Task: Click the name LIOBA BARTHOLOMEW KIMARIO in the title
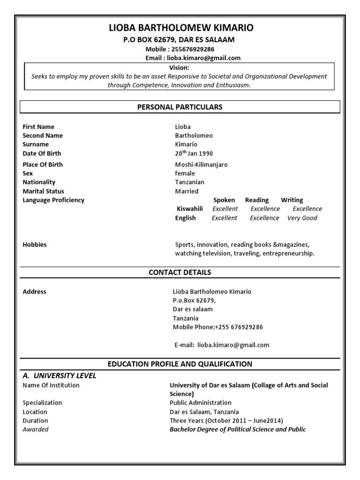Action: tap(181, 28)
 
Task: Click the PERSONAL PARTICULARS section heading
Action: tap(180, 107)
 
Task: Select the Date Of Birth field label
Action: tap(42, 153)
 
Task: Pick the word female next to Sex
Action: tap(185, 173)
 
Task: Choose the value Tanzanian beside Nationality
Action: tap(189, 182)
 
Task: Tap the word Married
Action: tap(187, 191)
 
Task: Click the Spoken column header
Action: tap(224, 200)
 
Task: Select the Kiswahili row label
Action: tap(190, 209)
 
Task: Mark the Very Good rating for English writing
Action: tap(302, 218)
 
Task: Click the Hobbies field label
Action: tap(35, 245)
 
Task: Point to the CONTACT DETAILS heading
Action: tap(180, 272)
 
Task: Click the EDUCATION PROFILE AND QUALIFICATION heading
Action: tap(180, 364)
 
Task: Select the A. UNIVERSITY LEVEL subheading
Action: tap(60, 375)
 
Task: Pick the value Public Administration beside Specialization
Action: tap(200, 403)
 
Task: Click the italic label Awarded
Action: tap(36, 429)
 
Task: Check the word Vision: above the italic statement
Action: tap(180, 67)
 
